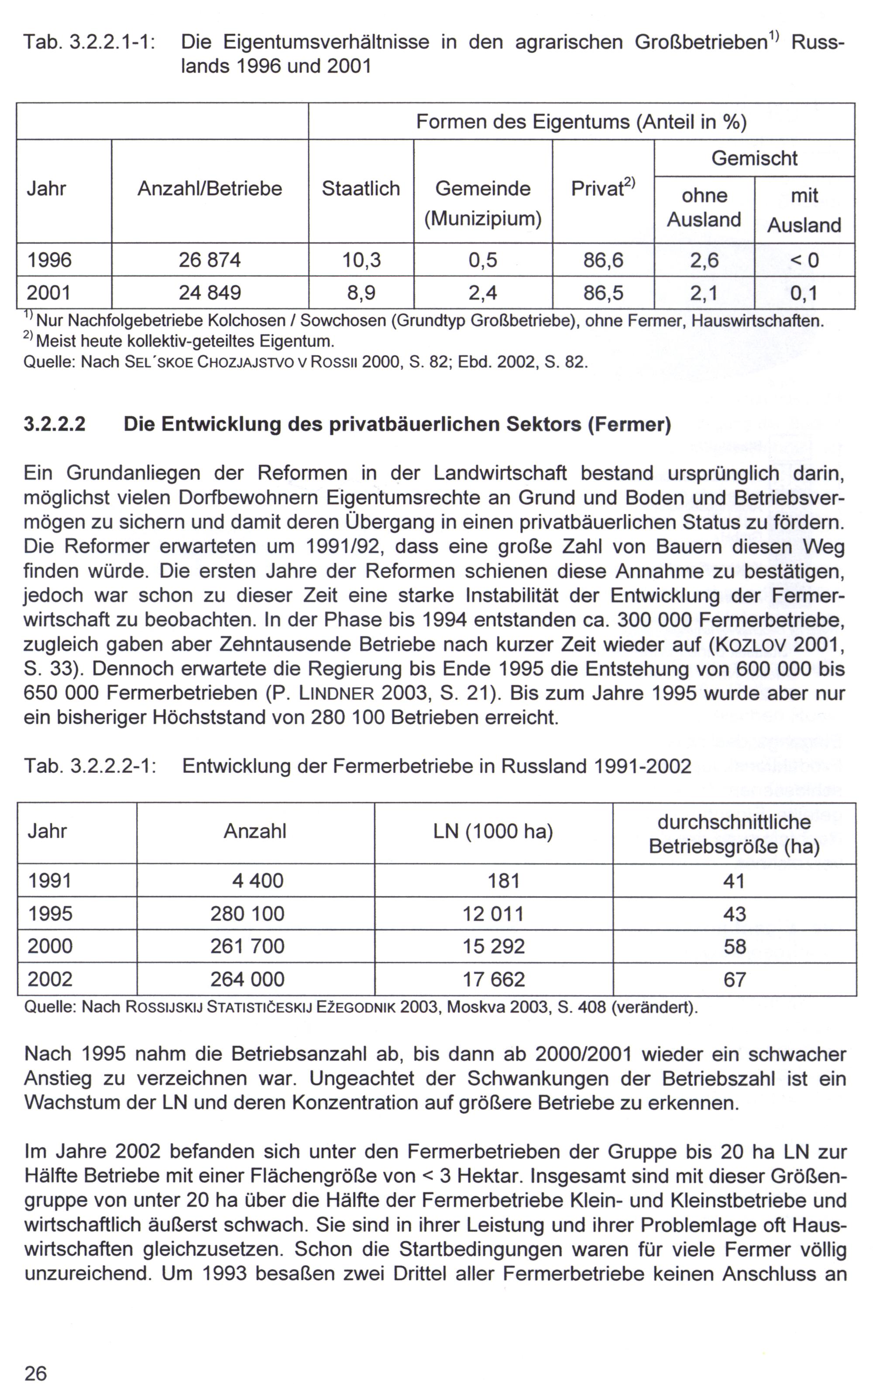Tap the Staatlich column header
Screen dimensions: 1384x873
click(x=361, y=189)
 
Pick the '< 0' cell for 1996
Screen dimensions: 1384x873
click(x=804, y=260)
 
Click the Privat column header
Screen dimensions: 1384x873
click(x=603, y=189)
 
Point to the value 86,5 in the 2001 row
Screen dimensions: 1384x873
click(x=603, y=293)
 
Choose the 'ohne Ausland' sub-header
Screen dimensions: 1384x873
click(x=704, y=207)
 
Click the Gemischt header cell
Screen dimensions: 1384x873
click(x=754, y=158)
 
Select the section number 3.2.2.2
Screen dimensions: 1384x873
click(x=55, y=424)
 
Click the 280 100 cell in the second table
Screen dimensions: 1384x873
click(x=247, y=914)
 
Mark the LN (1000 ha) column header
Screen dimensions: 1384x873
click(x=493, y=831)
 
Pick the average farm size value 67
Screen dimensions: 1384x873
click(x=735, y=979)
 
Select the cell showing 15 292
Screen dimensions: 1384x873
click(x=494, y=947)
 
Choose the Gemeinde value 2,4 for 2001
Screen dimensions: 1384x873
click(x=483, y=293)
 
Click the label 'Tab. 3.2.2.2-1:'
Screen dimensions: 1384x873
click(x=90, y=766)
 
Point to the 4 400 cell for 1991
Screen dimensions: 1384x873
click(x=258, y=881)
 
